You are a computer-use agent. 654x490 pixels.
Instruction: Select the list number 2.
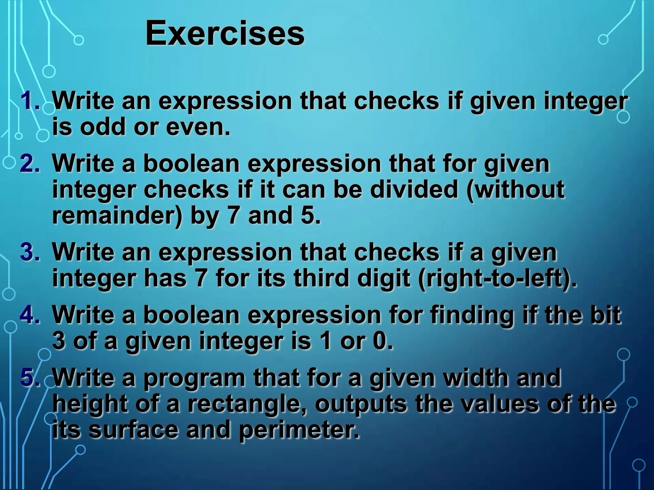29,164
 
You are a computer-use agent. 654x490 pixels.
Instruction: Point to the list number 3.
29,252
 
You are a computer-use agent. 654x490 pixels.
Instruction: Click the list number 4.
29,315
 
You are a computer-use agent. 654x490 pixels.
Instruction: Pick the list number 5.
29,377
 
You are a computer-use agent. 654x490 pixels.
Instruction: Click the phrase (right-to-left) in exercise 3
497,278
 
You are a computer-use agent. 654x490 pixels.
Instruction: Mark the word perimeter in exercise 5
299,430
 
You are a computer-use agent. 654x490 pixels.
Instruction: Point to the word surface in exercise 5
133,430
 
